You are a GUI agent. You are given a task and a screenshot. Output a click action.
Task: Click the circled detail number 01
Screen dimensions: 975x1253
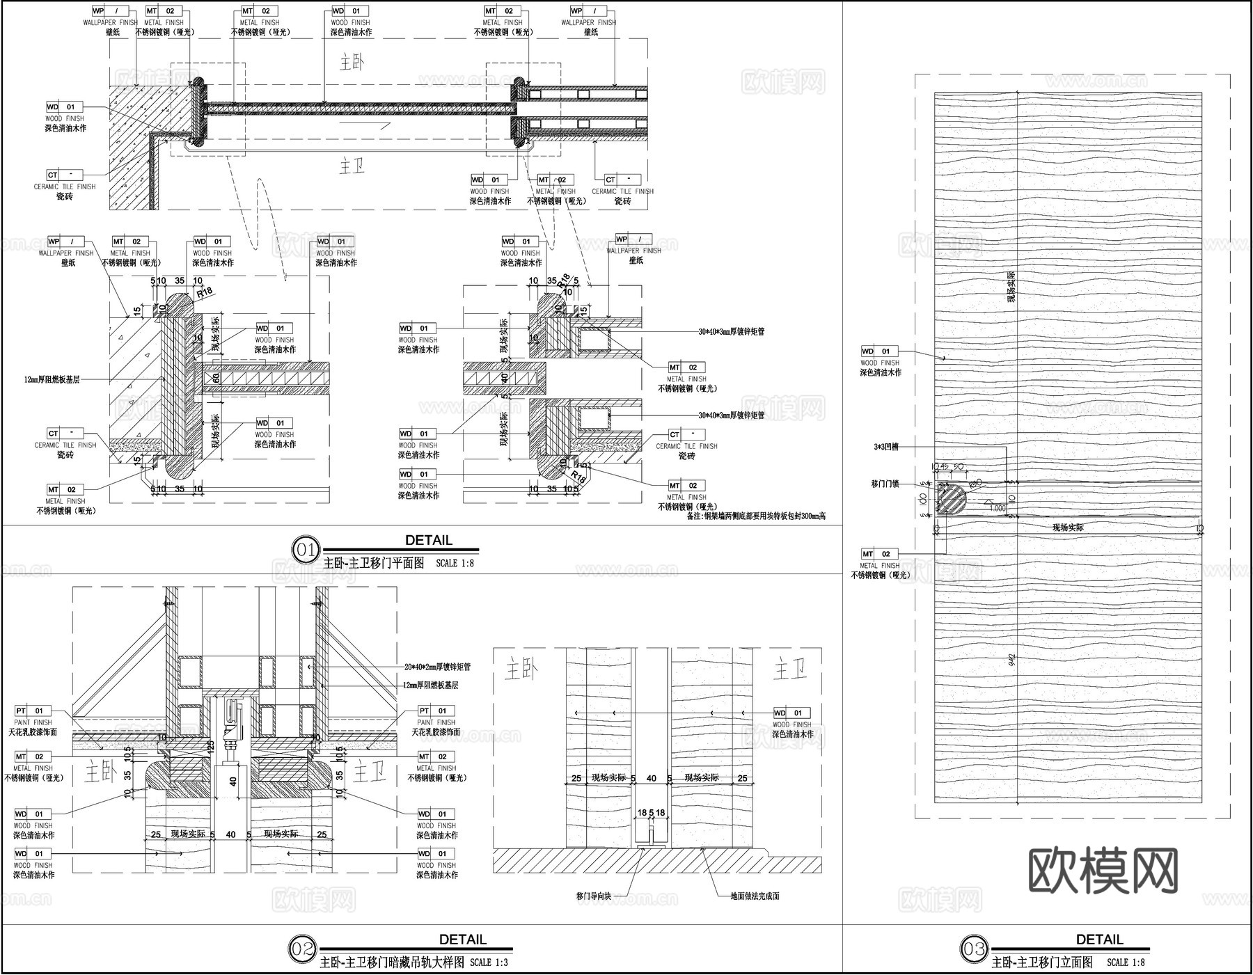point(305,550)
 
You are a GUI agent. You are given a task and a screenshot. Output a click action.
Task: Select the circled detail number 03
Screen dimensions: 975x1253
point(974,949)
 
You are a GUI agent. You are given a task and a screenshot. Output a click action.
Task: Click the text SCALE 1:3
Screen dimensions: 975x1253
point(489,963)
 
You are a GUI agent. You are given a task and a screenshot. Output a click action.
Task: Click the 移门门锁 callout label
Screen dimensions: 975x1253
point(885,483)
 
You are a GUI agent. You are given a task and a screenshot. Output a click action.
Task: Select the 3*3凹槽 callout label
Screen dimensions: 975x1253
point(885,447)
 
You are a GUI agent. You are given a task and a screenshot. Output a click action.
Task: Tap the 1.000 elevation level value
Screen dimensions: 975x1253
point(997,509)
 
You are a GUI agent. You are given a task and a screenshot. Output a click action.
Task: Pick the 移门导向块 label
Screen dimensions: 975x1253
point(593,896)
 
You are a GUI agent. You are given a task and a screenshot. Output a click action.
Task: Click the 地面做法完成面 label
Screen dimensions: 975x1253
point(755,896)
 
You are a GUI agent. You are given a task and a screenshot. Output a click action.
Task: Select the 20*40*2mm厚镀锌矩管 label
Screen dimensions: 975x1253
point(437,667)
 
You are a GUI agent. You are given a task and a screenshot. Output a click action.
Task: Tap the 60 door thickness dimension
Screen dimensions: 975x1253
point(216,378)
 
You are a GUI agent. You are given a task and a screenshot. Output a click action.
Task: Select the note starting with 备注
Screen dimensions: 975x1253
point(755,516)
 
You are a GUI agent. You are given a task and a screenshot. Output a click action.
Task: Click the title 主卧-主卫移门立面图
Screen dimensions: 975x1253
point(1041,963)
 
